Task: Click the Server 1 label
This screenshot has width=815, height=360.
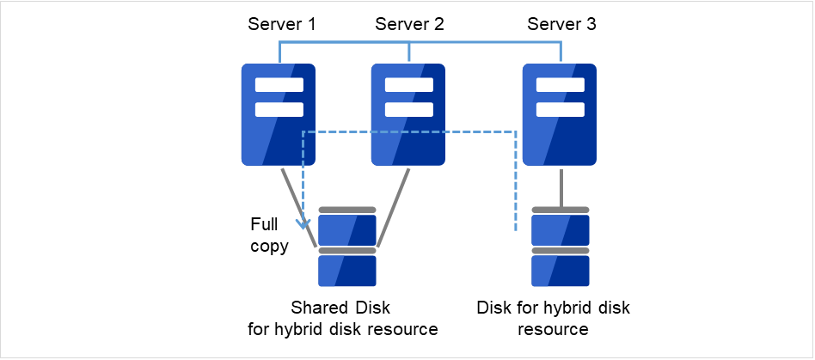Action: [x=281, y=24]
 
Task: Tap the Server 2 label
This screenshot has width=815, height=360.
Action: [x=409, y=24]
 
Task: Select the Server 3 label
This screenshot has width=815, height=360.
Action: [x=561, y=24]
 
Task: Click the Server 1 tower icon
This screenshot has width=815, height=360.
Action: [x=278, y=113]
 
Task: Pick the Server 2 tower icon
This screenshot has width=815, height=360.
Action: [x=408, y=113]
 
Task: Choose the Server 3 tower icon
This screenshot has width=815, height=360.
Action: [x=560, y=113]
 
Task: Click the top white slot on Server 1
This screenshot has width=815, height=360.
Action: [x=279, y=85]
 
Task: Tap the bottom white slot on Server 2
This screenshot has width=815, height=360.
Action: [x=408, y=109]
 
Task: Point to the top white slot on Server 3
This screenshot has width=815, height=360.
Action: [x=560, y=85]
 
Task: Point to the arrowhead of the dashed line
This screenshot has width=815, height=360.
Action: [x=303, y=226]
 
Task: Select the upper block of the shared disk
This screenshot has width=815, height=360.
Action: [x=347, y=229]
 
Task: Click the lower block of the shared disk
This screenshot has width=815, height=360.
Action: [x=347, y=271]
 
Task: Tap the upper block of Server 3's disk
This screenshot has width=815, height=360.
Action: [x=560, y=229]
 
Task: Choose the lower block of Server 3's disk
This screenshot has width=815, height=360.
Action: [x=560, y=271]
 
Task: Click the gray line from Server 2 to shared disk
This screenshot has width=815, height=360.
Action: [x=392, y=207]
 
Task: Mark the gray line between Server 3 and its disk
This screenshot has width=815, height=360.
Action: [x=561, y=186]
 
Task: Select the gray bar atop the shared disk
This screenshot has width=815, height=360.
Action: [x=347, y=210]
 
